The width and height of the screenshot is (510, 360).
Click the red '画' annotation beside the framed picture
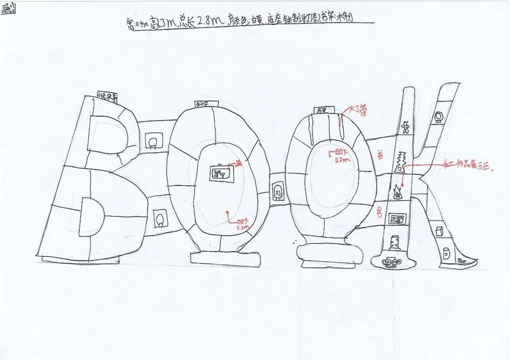click(x=239, y=164)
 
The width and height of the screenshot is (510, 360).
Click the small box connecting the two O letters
click(x=277, y=190)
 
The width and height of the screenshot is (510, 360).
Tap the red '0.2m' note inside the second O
click(x=340, y=161)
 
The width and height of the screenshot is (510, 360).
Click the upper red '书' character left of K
click(x=381, y=155)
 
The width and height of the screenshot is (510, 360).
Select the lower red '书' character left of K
click(x=381, y=210)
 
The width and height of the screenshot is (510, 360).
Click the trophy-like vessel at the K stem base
click(x=388, y=263)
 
